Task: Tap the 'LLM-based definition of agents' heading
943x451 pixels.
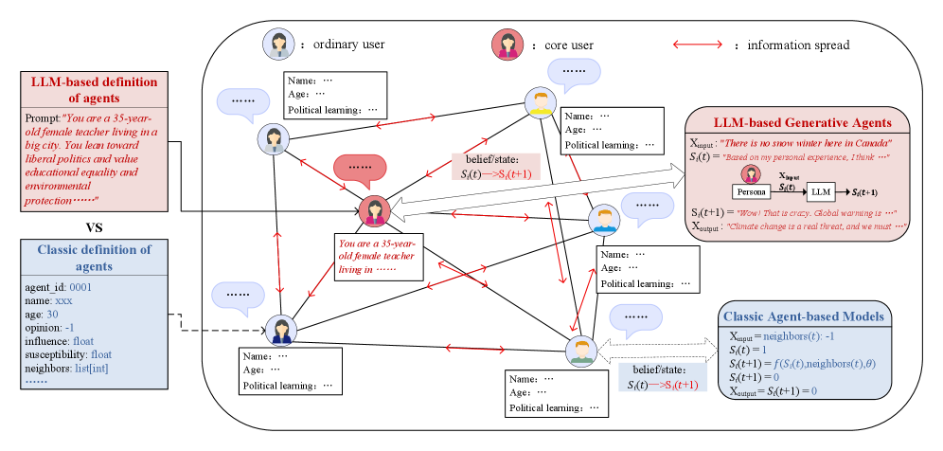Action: tap(94, 89)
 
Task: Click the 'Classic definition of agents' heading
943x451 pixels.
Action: tap(94, 258)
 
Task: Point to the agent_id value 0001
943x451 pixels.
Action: tap(80, 286)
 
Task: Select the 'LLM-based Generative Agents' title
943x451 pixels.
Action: tap(802, 122)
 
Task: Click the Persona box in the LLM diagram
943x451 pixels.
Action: tap(753, 190)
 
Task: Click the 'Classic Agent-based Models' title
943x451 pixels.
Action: tap(804, 316)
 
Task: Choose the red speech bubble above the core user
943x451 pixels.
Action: tap(360, 168)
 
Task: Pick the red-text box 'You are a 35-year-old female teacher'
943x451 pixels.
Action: tap(378, 256)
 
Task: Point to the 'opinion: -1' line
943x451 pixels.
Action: tap(57, 326)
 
